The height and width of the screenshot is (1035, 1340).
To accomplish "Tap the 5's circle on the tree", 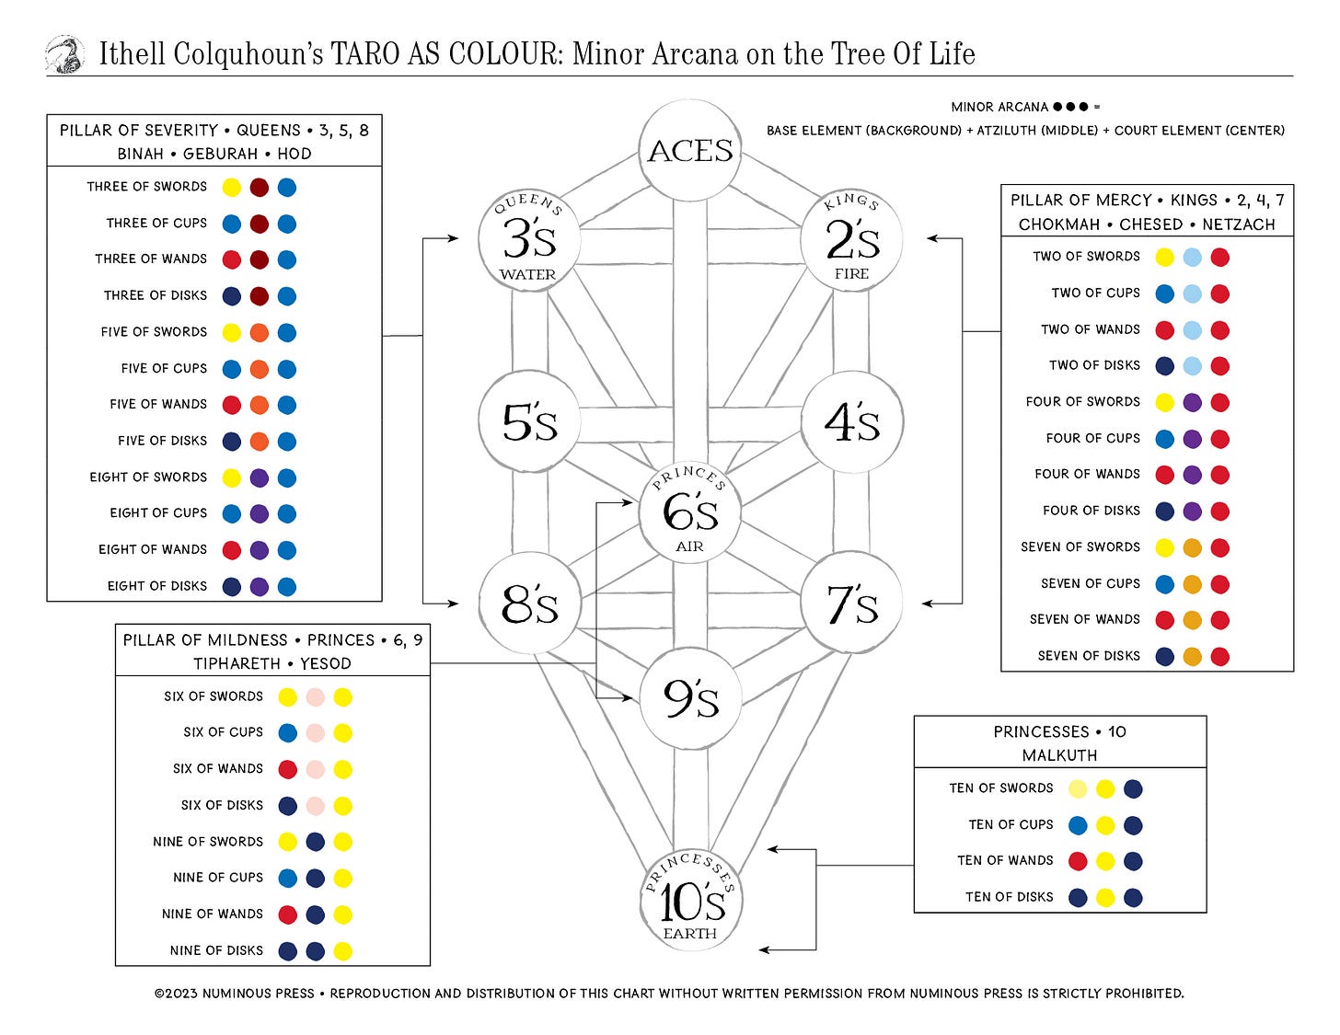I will click(x=529, y=421).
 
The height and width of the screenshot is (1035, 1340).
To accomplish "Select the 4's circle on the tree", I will click(x=852, y=421).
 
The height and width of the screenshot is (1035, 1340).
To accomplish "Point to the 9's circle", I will click(x=690, y=698).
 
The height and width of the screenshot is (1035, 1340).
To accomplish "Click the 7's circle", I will click(x=852, y=604).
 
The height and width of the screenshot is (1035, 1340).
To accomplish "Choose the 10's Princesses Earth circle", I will click(x=690, y=901).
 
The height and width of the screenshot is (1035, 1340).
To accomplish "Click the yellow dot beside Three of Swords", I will click(x=232, y=188).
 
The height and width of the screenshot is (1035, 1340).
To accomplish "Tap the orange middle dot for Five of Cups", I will click(x=260, y=369).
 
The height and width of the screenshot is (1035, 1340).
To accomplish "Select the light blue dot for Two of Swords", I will click(x=1192, y=258).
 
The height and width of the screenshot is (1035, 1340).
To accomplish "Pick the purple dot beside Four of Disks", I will click(x=1192, y=512).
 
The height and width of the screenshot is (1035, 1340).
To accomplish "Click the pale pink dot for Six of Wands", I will click(x=315, y=769).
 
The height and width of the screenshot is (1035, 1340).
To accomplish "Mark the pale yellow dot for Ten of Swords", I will click(x=1078, y=788).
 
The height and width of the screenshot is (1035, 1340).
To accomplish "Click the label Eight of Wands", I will click(x=153, y=549).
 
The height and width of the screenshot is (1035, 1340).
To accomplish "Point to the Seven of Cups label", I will click(x=1090, y=583).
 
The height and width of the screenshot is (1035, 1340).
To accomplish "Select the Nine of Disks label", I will click(x=216, y=950).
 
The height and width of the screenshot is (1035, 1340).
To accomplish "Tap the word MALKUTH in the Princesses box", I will click(x=1059, y=755).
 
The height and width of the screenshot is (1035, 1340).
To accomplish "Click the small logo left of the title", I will click(x=65, y=54).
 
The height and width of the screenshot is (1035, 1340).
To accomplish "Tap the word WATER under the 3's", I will click(x=528, y=274).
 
